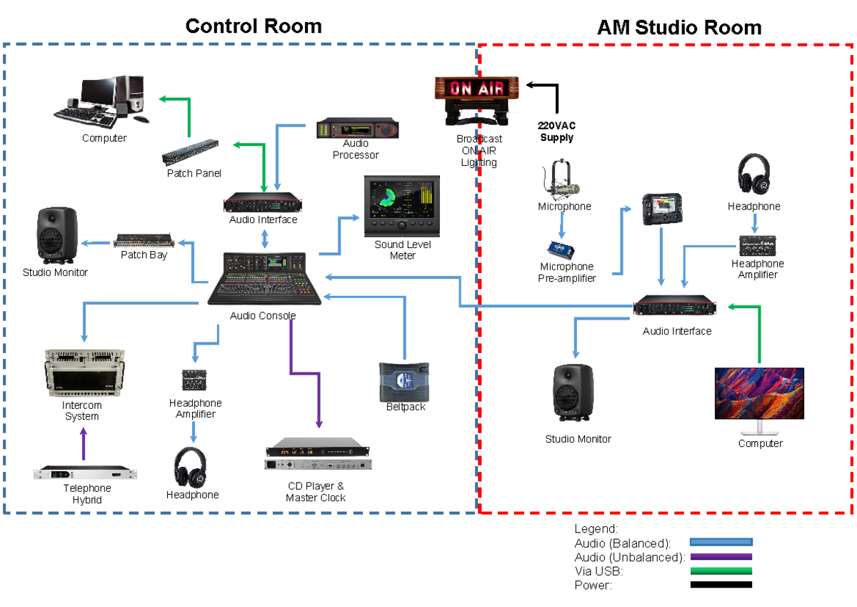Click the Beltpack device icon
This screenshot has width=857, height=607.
pos(404,381)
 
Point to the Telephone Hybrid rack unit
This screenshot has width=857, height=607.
pos(86,473)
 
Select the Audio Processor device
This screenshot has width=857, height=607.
pos(357,129)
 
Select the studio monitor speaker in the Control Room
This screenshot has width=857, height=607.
pos(55,235)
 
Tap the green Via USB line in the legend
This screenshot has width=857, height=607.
pos(721,571)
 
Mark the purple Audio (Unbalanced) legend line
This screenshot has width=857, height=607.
pos(721,556)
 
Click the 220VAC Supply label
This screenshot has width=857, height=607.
pos(557,132)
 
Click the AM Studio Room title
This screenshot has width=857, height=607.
pos(678,27)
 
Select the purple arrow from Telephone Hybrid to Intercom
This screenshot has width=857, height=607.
pos(84,445)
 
